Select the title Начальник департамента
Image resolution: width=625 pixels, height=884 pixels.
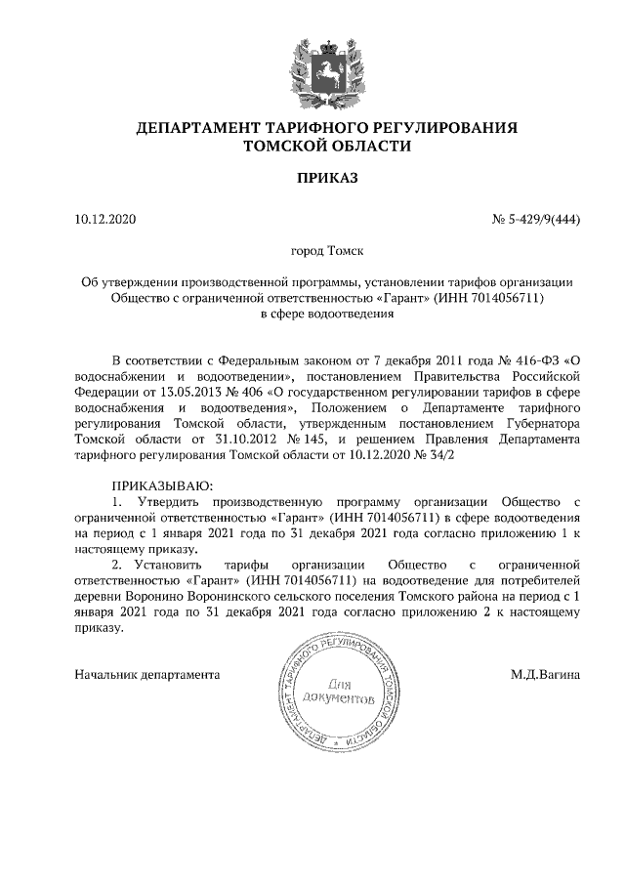tap(146, 675)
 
